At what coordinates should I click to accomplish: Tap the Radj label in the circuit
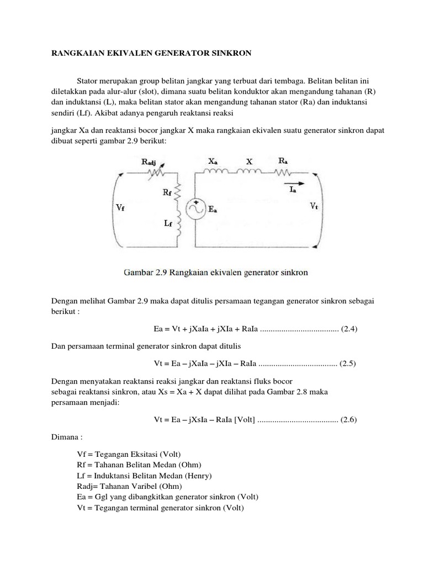coord(153,162)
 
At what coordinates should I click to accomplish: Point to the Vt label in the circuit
coord(314,206)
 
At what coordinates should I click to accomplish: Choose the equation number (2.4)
coord(350,329)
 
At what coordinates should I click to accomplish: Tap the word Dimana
coord(66,437)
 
